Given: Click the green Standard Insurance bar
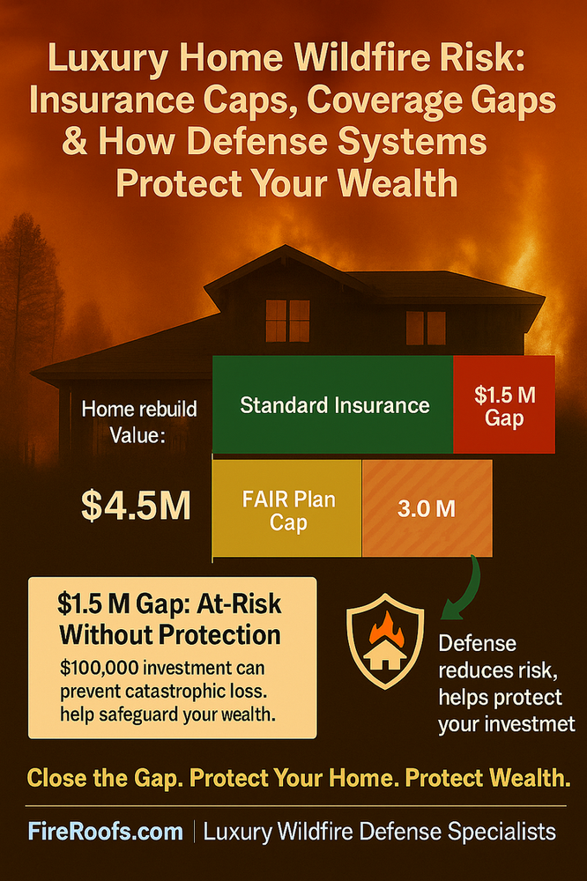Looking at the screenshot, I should [x=333, y=405].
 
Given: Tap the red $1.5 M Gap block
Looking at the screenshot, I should [x=503, y=405].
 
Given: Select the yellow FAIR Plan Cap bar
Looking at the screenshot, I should [x=286, y=508].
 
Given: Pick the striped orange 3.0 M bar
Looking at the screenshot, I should [x=427, y=508].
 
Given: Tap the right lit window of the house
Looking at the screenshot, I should [x=426, y=327].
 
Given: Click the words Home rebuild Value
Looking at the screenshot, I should [x=139, y=421].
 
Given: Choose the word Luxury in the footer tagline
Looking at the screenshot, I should [x=241, y=831].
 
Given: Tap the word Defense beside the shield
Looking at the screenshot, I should [x=477, y=643].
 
